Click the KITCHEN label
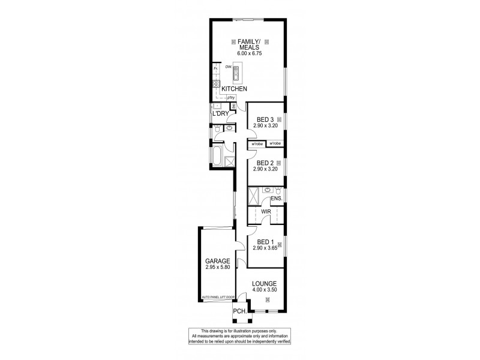pos(235,89)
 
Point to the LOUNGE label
pos(264,283)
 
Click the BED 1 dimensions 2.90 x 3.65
pos(264,248)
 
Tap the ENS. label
pos(277,198)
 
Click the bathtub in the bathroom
pos(217,156)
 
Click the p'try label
pos(230,98)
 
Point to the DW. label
pos(229,67)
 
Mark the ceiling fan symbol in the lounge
pos(268,300)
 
